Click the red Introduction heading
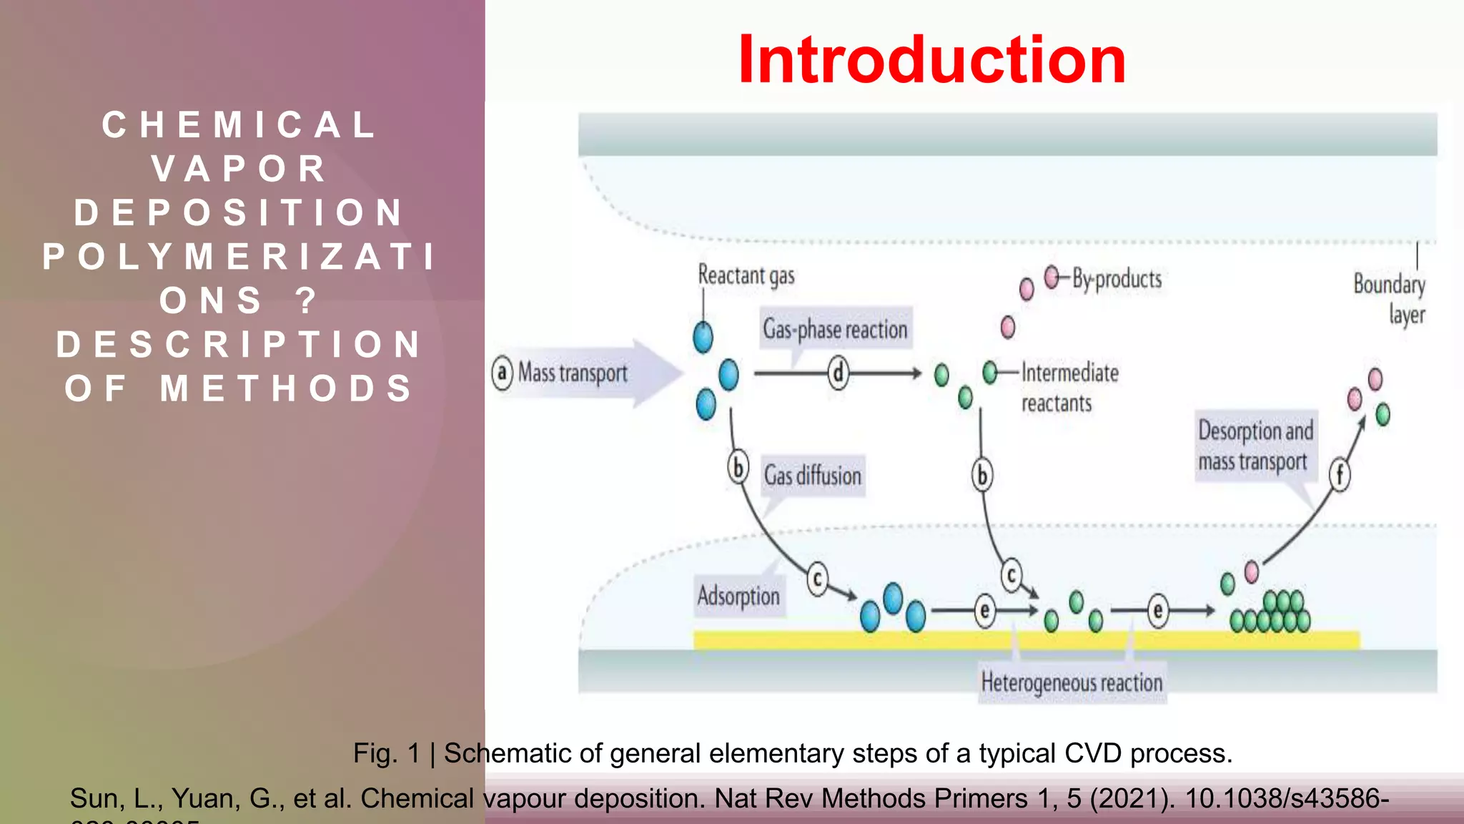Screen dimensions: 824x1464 coord(931,60)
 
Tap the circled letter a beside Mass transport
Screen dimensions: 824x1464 coord(503,373)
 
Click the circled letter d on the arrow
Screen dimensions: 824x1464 coord(838,373)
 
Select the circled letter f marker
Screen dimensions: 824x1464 coord(1340,475)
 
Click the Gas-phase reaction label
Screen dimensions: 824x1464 coord(835,329)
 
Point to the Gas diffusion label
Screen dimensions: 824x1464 coord(813,476)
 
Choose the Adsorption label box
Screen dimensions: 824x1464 coord(738,596)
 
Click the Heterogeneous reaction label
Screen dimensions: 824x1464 coord(1072,682)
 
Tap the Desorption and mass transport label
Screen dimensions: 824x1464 coord(1255,446)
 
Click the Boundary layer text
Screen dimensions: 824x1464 coord(1389,299)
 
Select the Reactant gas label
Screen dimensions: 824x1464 coord(746,275)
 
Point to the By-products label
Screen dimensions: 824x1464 coord(1117,279)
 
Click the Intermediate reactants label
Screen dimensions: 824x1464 coord(1069,387)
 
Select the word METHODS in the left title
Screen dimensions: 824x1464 coord(287,389)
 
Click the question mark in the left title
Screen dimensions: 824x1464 coord(306,301)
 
